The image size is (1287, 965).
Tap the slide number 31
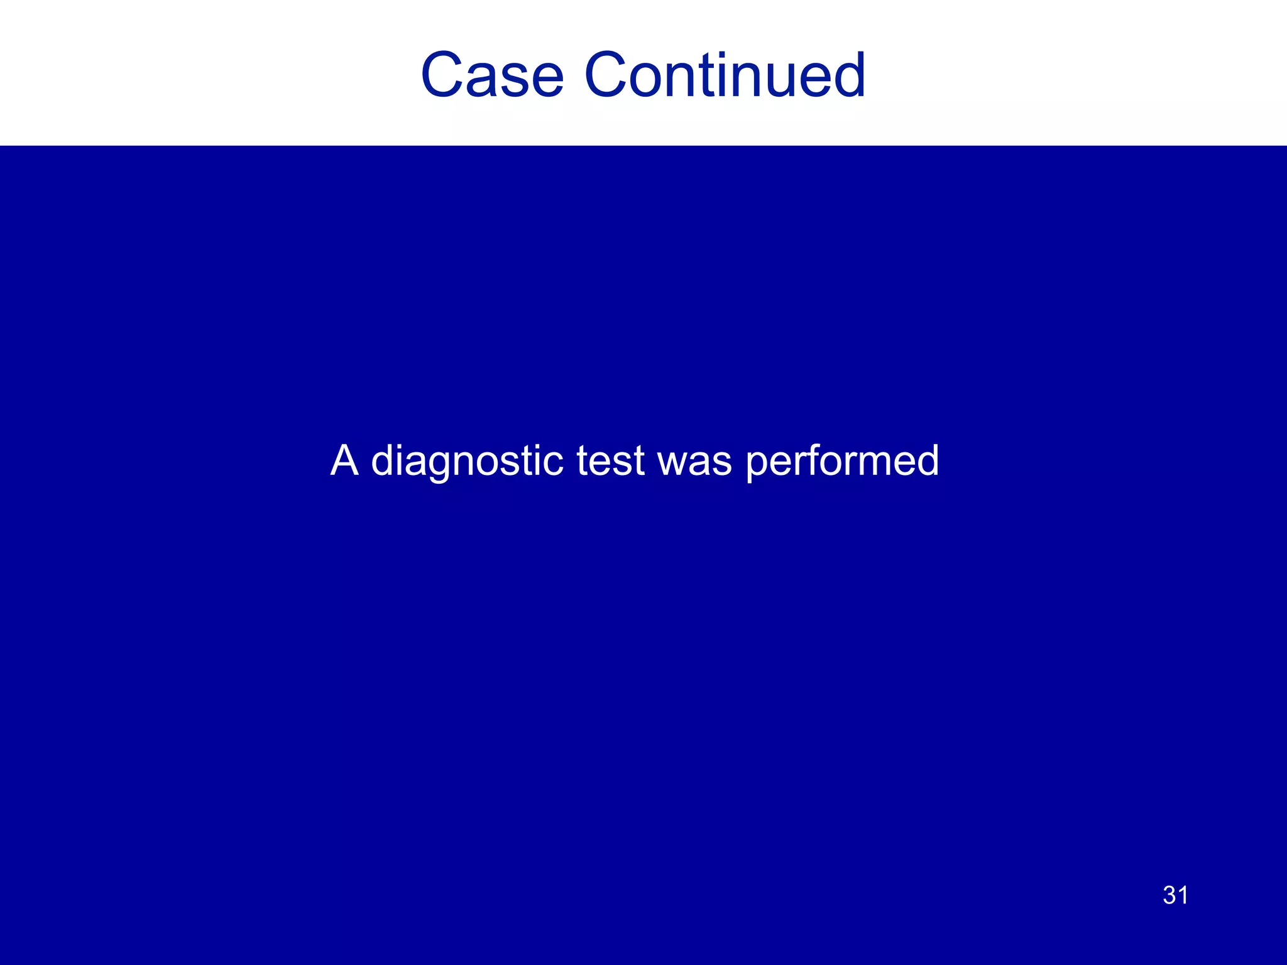(x=1175, y=895)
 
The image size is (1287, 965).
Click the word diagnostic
(x=467, y=462)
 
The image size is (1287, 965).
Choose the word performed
(x=842, y=462)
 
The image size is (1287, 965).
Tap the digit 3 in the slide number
(x=1169, y=895)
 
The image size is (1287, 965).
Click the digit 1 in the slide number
(x=1183, y=895)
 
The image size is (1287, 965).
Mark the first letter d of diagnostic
(x=384, y=461)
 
